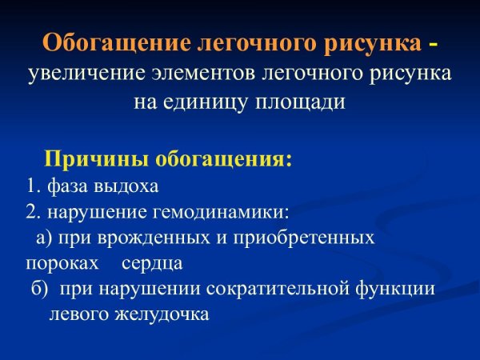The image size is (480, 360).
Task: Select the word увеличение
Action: pyautogui.click(x=86, y=74)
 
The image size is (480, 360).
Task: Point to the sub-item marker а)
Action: pyautogui.click(x=44, y=238)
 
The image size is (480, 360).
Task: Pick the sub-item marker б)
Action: pyautogui.click(x=40, y=288)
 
